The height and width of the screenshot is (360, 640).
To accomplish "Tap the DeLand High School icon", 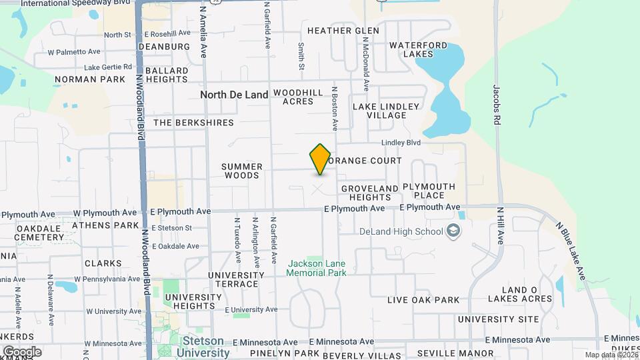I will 453,231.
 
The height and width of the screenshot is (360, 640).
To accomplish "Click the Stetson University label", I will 204,347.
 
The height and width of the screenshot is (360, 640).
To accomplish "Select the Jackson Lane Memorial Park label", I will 317,268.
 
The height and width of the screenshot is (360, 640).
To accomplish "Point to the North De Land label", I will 234,95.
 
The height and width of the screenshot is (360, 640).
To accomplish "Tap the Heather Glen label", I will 343,31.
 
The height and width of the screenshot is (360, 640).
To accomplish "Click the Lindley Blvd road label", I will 401,143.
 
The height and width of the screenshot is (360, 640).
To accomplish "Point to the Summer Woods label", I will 242,171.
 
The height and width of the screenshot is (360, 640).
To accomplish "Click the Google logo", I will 22,351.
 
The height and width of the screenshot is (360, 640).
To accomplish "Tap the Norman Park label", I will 89,79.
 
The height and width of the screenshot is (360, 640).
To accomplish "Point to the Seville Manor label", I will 455,353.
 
